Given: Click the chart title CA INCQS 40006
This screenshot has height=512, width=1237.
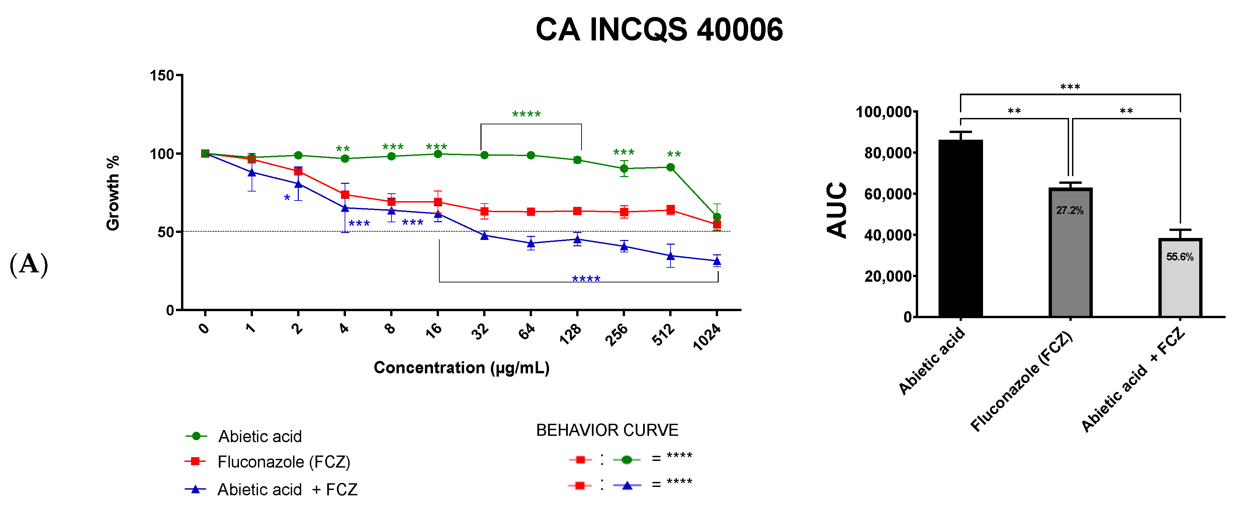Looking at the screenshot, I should (659, 30).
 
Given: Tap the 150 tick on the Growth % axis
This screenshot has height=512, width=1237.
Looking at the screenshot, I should (162, 76).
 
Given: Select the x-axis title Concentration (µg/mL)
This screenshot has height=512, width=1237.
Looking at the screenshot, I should (461, 368).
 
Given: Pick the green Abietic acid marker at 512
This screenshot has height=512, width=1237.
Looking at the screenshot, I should (670, 167).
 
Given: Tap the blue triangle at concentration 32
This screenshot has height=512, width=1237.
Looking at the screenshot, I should (484, 236).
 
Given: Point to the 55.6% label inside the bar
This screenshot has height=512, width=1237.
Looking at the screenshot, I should (1179, 257).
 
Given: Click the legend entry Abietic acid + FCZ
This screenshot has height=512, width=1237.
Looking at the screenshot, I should (287, 490).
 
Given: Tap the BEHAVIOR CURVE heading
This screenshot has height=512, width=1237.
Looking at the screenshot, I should (607, 430).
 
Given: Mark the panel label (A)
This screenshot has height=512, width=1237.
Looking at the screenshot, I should (29, 264).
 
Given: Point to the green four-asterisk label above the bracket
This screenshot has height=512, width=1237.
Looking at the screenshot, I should (526, 115).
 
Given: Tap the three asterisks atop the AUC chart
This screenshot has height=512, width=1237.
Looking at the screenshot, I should (1070, 87).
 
